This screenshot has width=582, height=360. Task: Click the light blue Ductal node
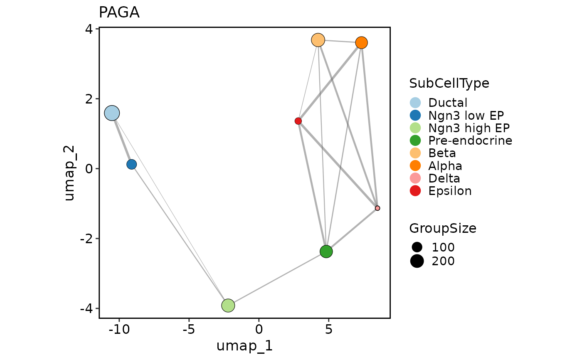click(112, 113)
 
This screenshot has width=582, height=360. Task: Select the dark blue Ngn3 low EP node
click(131, 164)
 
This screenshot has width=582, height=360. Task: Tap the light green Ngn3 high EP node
click(228, 305)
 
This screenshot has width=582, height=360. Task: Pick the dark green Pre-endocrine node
click(326, 252)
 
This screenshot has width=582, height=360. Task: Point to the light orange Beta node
click(318, 40)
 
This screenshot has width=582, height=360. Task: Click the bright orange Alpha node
click(361, 42)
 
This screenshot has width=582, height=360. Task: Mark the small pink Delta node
click(377, 208)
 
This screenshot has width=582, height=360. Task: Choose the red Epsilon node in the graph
click(298, 121)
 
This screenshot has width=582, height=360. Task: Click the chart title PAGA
click(119, 13)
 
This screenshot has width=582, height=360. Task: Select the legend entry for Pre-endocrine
click(470, 141)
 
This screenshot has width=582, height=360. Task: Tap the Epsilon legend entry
click(450, 191)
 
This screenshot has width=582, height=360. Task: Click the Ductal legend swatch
click(415, 103)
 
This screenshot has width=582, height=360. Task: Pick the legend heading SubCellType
click(449, 83)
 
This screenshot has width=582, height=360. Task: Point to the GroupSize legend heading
click(443, 228)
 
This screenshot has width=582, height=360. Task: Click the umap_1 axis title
click(244, 346)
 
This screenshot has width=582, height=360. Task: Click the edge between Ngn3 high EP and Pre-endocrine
click(277, 279)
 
